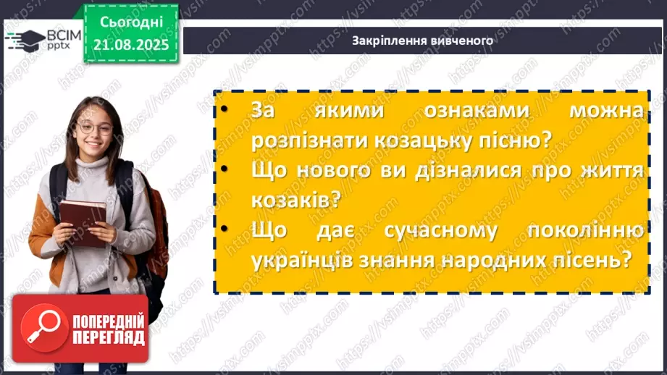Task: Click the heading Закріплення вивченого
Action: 422,41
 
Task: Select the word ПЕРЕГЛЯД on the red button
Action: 108,337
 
